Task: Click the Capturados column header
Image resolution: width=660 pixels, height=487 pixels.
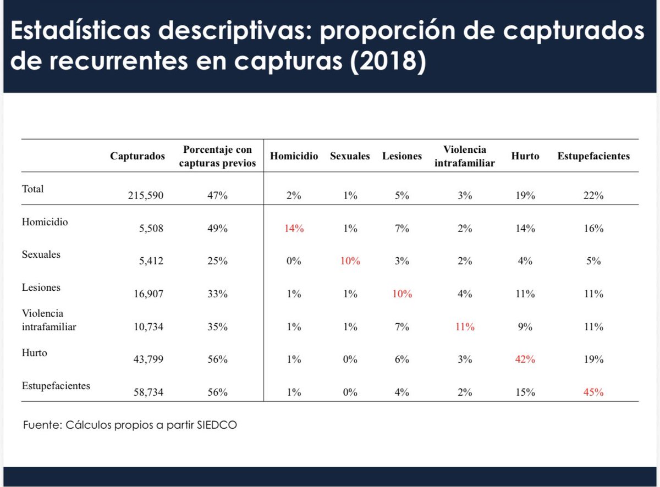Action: click(x=137, y=156)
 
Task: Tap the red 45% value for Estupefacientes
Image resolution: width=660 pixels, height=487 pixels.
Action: click(x=593, y=392)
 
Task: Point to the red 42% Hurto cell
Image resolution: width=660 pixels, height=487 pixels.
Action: click(x=525, y=359)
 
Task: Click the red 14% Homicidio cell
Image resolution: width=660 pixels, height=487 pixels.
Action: click(x=294, y=229)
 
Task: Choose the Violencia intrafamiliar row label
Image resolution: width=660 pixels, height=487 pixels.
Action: click(x=48, y=320)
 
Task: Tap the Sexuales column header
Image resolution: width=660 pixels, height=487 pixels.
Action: click(x=350, y=156)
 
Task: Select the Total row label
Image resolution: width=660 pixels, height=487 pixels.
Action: click(x=32, y=189)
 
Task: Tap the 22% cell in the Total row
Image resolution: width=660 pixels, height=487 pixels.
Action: click(x=593, y=195)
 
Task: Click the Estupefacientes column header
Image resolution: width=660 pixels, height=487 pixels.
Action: click(x=593, y=156)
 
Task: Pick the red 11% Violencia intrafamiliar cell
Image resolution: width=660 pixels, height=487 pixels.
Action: click(x=464, y=326)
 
